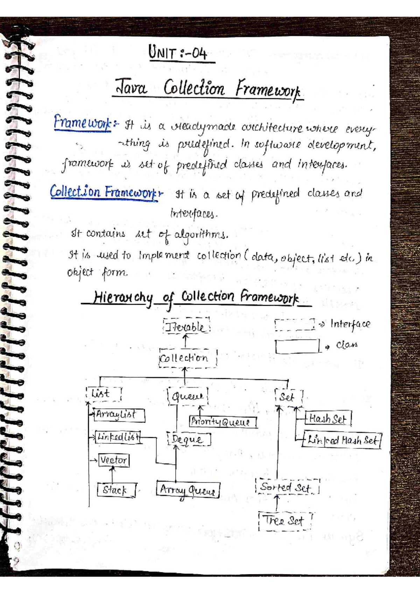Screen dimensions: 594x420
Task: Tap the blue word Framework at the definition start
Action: (x=82, y=123)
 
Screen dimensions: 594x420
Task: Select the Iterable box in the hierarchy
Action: (x=186, y=327)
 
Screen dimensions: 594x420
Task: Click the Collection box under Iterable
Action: (x=188, y=358)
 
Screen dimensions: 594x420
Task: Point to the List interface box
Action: (x=103, y=394)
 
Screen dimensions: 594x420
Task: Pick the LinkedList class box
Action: (x=118, y=437)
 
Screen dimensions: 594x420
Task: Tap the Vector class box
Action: (x=114, y=460)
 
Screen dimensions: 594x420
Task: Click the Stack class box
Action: (x=116, y=490)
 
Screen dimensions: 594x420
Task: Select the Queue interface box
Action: (x=188, y=396)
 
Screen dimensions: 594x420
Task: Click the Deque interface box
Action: (x=189, y=440)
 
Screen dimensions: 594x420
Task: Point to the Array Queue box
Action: (x=188, y=490)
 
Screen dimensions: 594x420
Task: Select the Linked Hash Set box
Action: (x=342, y=440)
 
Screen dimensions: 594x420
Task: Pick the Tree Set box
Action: (x=285, y=521)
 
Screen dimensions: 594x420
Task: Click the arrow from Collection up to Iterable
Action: (x=185, y=341)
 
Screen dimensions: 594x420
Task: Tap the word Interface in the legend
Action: (x=350, y=324)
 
